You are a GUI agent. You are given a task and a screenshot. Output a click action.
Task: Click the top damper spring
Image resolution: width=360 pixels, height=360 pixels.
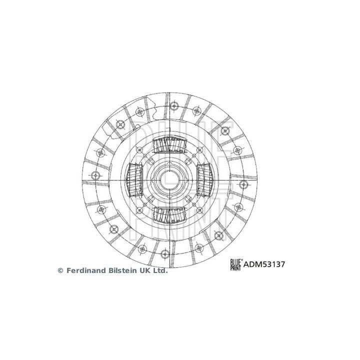pos(169,145)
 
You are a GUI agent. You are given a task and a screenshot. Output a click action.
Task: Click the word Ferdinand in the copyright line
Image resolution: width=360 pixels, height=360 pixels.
pos(86,270)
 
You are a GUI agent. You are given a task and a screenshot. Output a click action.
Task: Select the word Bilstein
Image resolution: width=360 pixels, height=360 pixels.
pos(123,270)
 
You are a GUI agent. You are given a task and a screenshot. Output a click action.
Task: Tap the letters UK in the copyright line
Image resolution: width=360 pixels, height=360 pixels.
pos(146,270)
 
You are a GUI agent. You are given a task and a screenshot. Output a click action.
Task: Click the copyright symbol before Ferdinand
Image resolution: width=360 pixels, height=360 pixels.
pos(61,271)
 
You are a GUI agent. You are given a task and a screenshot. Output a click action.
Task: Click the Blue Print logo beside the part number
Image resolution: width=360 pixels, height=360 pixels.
pos(235,264)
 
